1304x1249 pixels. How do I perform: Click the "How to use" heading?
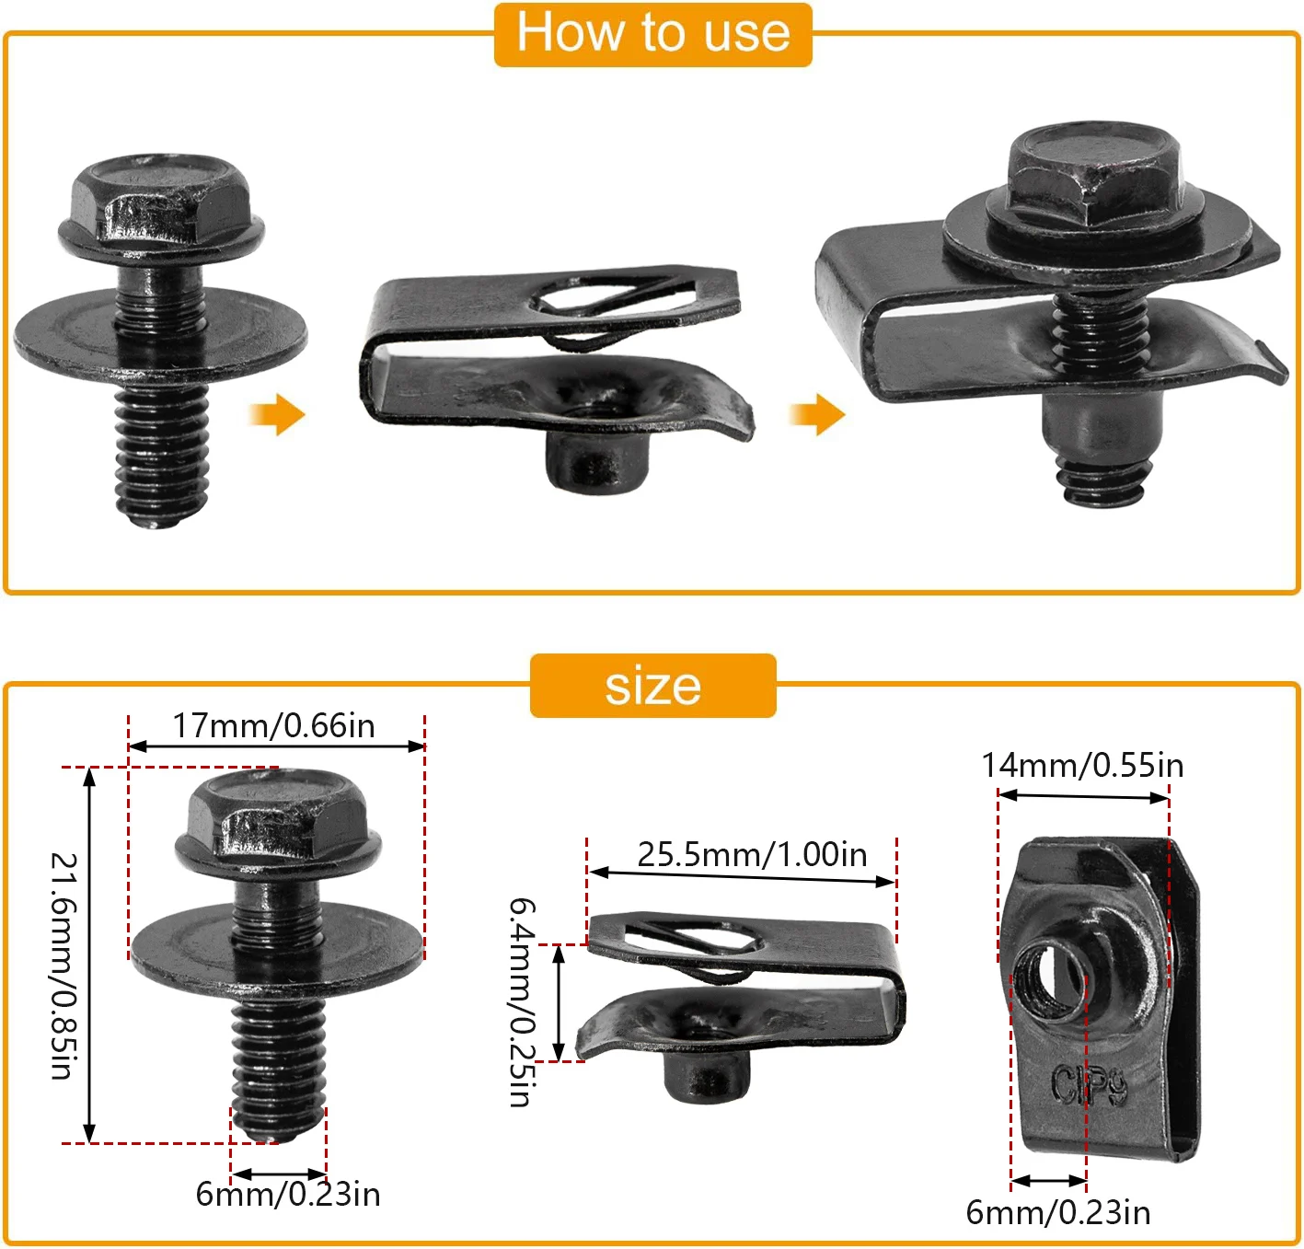point(652,34)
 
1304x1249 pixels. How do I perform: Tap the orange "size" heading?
point(652,687)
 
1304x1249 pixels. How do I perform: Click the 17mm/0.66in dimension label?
point(274,726)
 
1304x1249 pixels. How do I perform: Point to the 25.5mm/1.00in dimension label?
point(752,855)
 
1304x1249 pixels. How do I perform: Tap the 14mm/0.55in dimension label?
point(1082,766)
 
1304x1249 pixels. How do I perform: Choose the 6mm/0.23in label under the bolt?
point(288,1195)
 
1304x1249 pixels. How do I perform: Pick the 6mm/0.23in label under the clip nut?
point(1058,1213)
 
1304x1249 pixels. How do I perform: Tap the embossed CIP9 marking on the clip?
point(1089,1086)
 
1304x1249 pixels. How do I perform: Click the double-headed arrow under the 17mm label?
point(276,746)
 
